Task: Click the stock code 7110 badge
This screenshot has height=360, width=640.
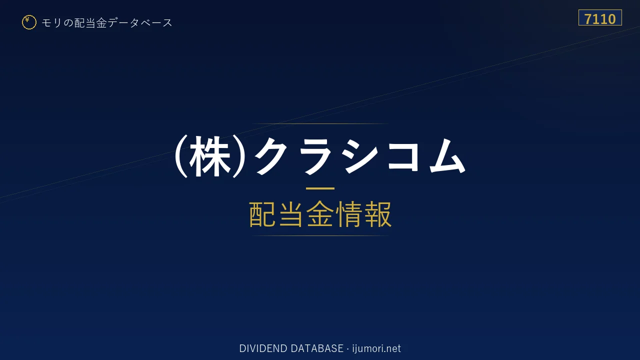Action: pos(600,17)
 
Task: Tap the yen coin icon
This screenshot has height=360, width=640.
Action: pos(29,22)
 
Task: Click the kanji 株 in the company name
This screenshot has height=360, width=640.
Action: pos(210,156)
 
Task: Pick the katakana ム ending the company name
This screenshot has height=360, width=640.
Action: pos(447,155)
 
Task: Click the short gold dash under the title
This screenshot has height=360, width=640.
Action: pos(320,188)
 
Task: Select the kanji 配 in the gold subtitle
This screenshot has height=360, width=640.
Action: pos(262,214)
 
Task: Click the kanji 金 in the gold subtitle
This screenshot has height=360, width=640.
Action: pos(320,214)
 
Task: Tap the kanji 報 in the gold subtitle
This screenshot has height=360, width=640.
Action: pos(378,214)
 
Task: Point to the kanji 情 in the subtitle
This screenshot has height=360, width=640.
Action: pos(348,214)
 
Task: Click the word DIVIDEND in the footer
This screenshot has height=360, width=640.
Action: pos(263,348)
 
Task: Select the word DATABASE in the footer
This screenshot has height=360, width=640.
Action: pos(317,348)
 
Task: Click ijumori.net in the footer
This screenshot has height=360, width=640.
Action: pos(376,349)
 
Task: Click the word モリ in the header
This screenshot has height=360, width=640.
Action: pos(51,22)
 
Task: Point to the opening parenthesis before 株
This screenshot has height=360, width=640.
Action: pos(181,156)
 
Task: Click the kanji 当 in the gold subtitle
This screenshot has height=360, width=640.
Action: pos(291,214)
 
